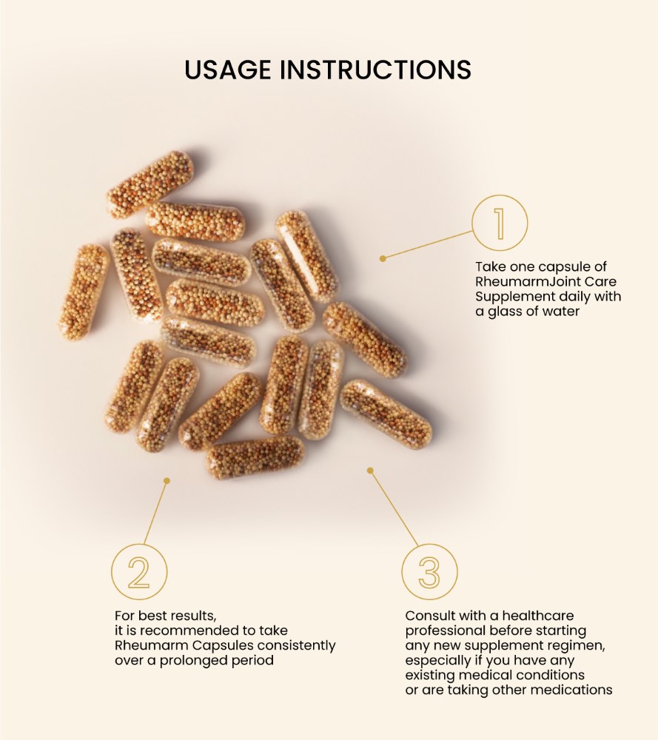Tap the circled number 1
coord(500,223)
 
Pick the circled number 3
coord(429,571)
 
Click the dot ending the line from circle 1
coord(383,258)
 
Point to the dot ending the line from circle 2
coord(167,480)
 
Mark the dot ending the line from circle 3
coord(370,470)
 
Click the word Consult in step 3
coord(429,616)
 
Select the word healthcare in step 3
coord(535,616)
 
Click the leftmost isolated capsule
coord(83,292)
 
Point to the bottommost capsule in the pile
coord(255,457)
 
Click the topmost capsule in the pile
coord(150,185)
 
